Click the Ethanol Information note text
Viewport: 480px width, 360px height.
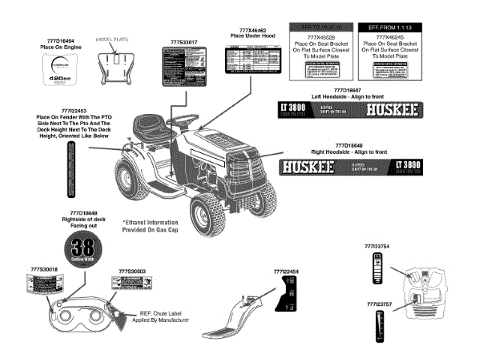click(150, 226)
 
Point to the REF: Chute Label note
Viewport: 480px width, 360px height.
click(164, 316)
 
